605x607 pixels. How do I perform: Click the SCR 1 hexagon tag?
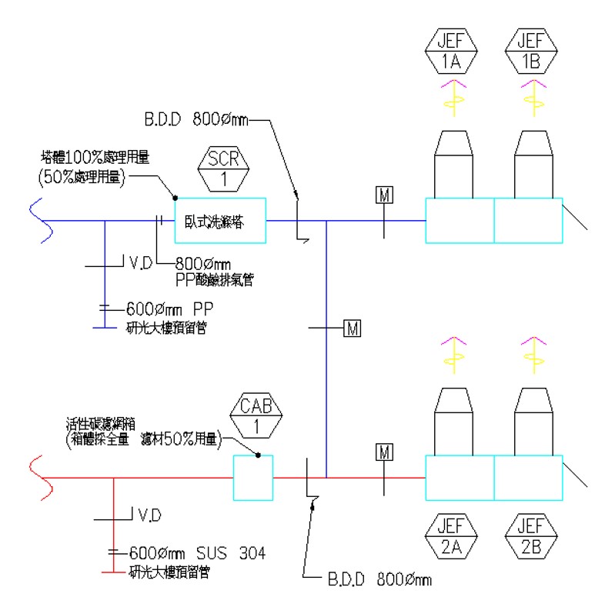point(224,168)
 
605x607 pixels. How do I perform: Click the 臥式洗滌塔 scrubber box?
point(220,220)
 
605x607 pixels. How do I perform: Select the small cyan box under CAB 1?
point(253,477)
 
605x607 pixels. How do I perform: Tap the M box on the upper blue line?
point(384,195)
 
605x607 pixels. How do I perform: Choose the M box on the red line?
point(384,452)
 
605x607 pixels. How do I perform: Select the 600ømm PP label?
point(169,309)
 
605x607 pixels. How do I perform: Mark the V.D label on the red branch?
point(149,514)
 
